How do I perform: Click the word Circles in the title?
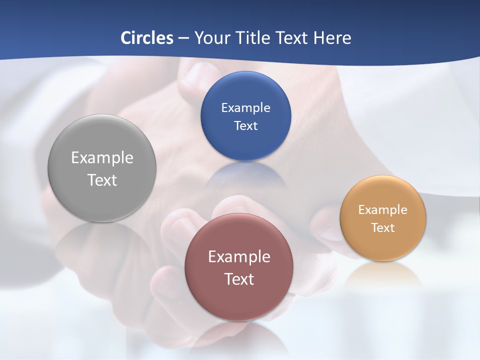[146, 38]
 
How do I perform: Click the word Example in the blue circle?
[245, 107]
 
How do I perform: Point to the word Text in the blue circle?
[245, 125]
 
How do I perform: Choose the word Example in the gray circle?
[102, 157]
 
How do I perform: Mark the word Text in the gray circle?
[102, 180]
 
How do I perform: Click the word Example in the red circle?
[239, 256]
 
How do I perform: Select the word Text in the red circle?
[239, 279]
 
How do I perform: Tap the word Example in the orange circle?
[383, 209]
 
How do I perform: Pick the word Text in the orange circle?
[383, 227]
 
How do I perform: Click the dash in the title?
[183, 38]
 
